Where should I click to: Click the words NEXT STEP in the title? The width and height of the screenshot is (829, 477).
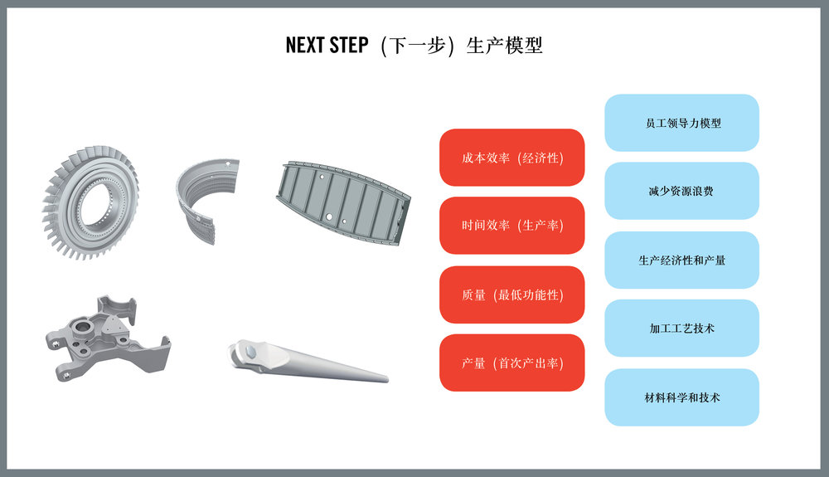(x=327, y=45)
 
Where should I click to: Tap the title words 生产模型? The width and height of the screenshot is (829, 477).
(x=504, y=46)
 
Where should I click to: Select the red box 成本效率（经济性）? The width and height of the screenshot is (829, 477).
(x=511, y=158)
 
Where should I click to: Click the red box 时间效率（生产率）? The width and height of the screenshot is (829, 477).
(x=511, y=226)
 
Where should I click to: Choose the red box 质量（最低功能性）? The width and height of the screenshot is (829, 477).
(x=511, y=294)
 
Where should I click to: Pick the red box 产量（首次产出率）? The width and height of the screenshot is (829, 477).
(x=511, y=363)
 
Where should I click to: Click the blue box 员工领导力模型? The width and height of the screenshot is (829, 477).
(x=682, y=123)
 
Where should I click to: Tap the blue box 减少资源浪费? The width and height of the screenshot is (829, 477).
(x=682, y=191)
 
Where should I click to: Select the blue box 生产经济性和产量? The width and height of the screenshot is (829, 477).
(x=682, y=260)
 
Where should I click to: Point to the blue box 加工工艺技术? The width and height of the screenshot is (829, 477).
(x=682, y=328)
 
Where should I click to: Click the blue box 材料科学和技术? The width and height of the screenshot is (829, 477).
(x=682, y=397)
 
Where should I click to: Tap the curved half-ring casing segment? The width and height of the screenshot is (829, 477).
(x=186, y=207)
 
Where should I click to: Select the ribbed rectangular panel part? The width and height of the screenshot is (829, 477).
(x=342, y=202)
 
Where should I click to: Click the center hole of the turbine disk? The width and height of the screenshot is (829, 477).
(x=95, y=202)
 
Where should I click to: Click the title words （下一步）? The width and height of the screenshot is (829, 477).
(x=417, y=46)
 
